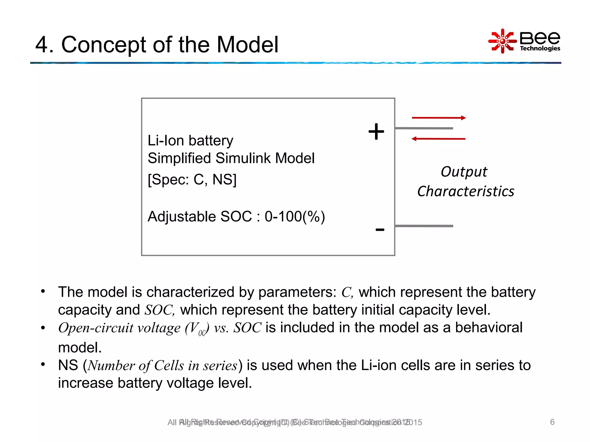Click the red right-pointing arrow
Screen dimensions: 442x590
[x=438, y=118]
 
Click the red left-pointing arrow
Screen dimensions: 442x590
[x=438, y=139]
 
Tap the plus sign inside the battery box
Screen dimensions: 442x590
[x=376, y=132]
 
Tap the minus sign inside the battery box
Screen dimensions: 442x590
[x=380, y=230]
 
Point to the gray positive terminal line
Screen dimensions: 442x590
[x=424, y=128]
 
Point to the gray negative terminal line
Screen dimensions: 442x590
[x=424, y=226]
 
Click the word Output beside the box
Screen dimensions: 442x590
[x=464, y=172]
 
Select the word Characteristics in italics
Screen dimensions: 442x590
[x=466, y=191]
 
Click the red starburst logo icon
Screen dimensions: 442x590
[x=502, y=41]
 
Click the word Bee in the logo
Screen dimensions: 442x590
[x=540, y=37]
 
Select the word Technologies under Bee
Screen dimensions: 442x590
[x=540, y=48]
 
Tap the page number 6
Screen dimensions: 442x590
[x=552, y=422]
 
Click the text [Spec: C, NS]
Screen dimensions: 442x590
[x=192, y=180]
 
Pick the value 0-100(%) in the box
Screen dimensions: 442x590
[x=295, y=216]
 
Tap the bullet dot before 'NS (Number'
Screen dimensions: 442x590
[x=43, y=365]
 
